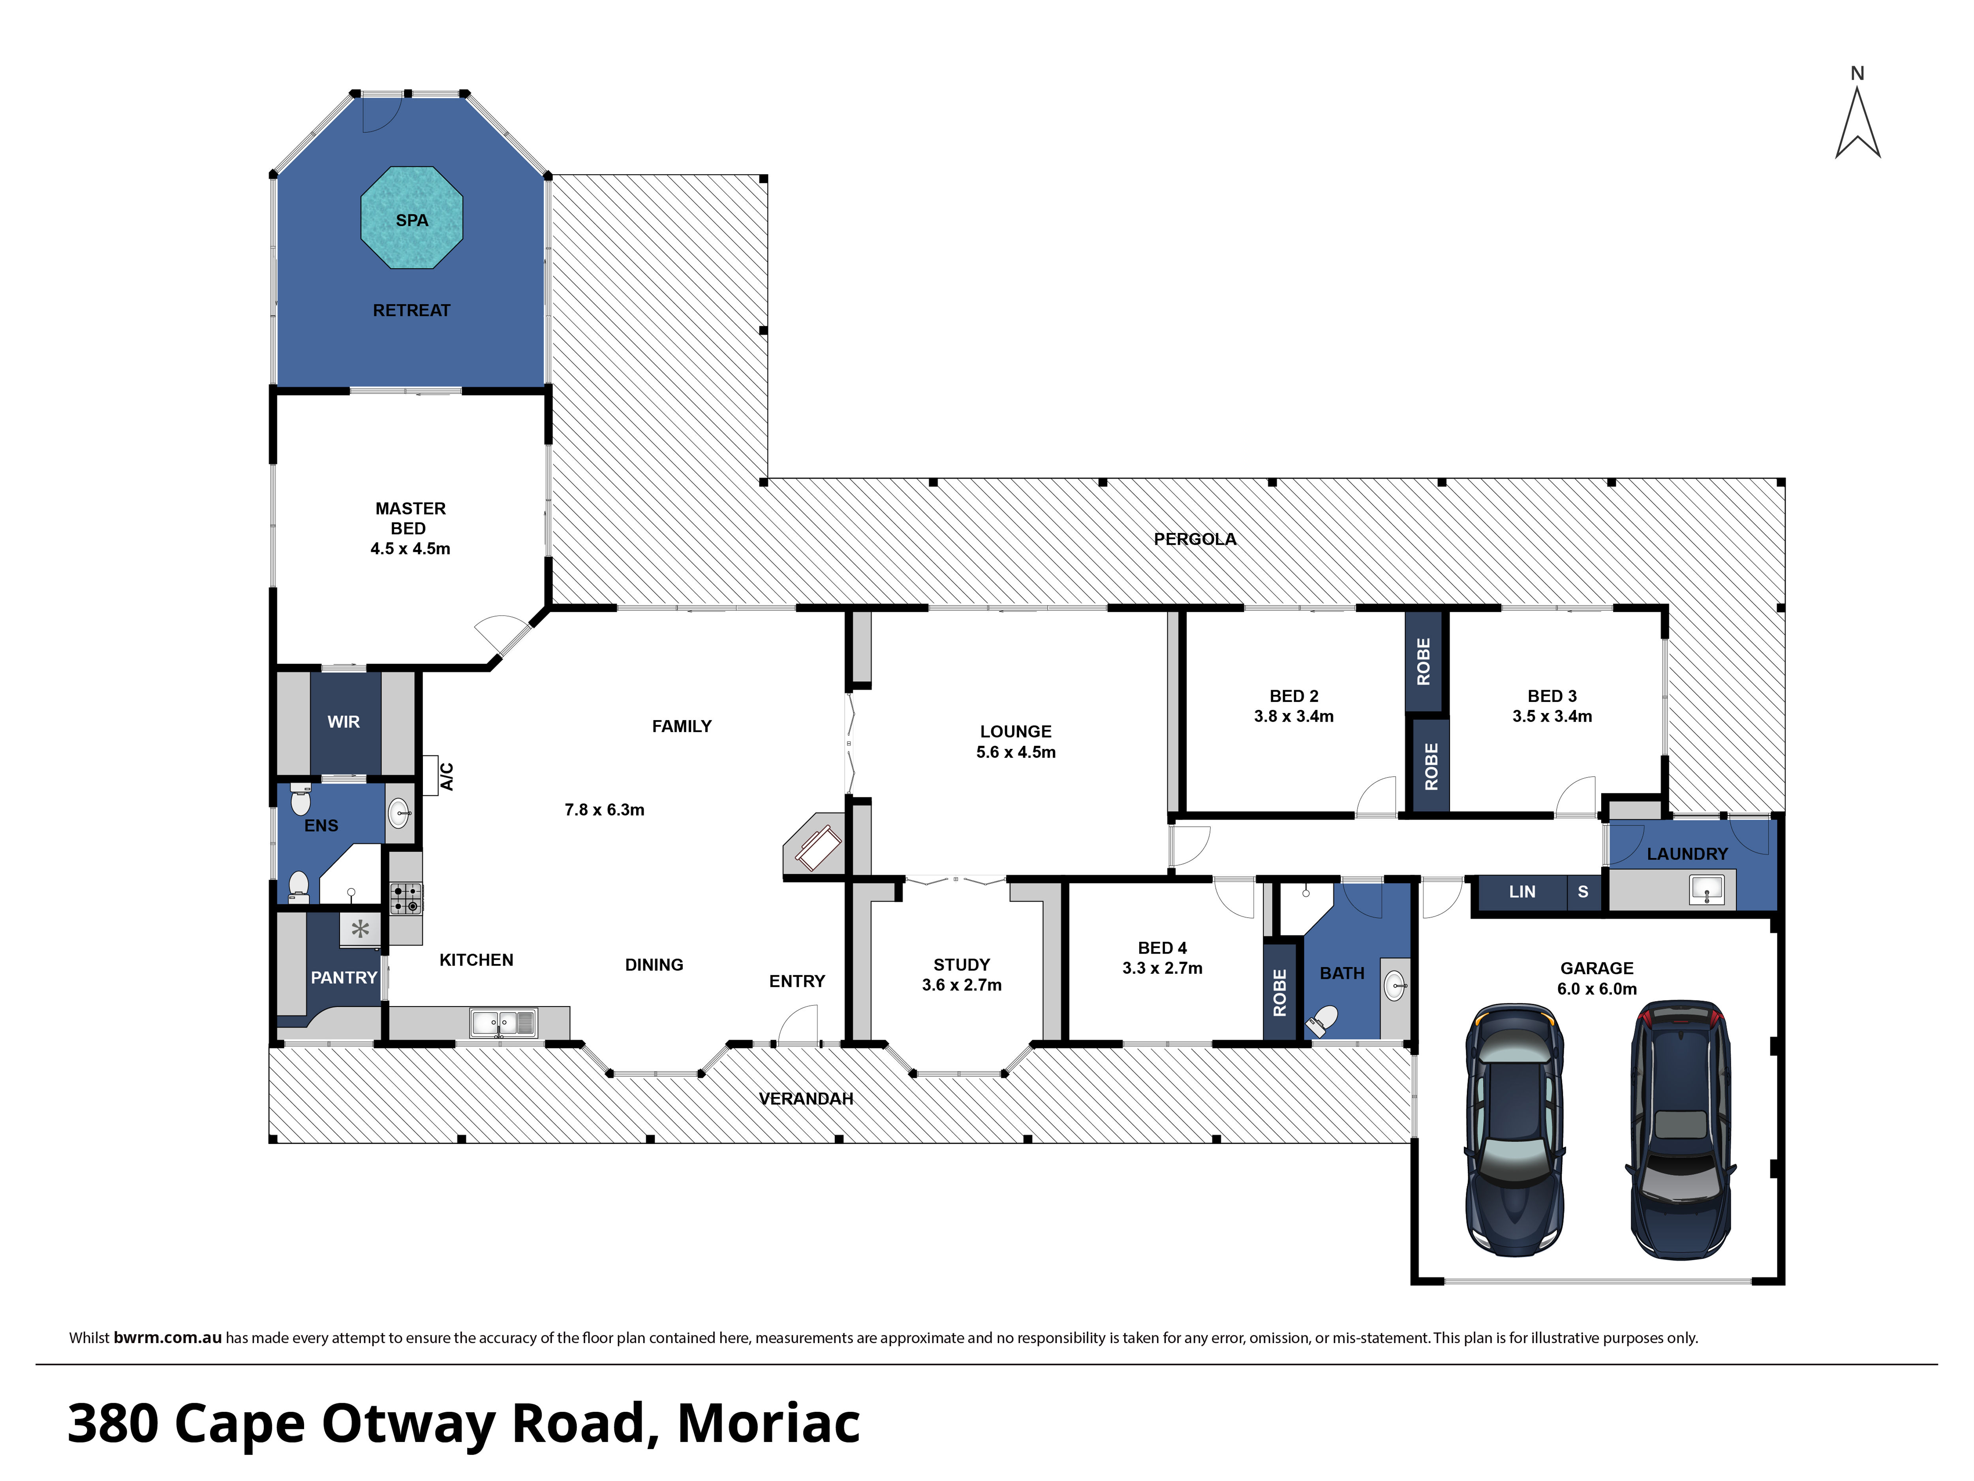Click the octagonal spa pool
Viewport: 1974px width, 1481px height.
pos(411,218)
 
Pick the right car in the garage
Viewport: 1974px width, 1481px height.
pos(1680,1129)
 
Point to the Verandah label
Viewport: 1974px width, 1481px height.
pos(806,1099)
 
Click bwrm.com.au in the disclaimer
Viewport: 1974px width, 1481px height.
pos(168,1337)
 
